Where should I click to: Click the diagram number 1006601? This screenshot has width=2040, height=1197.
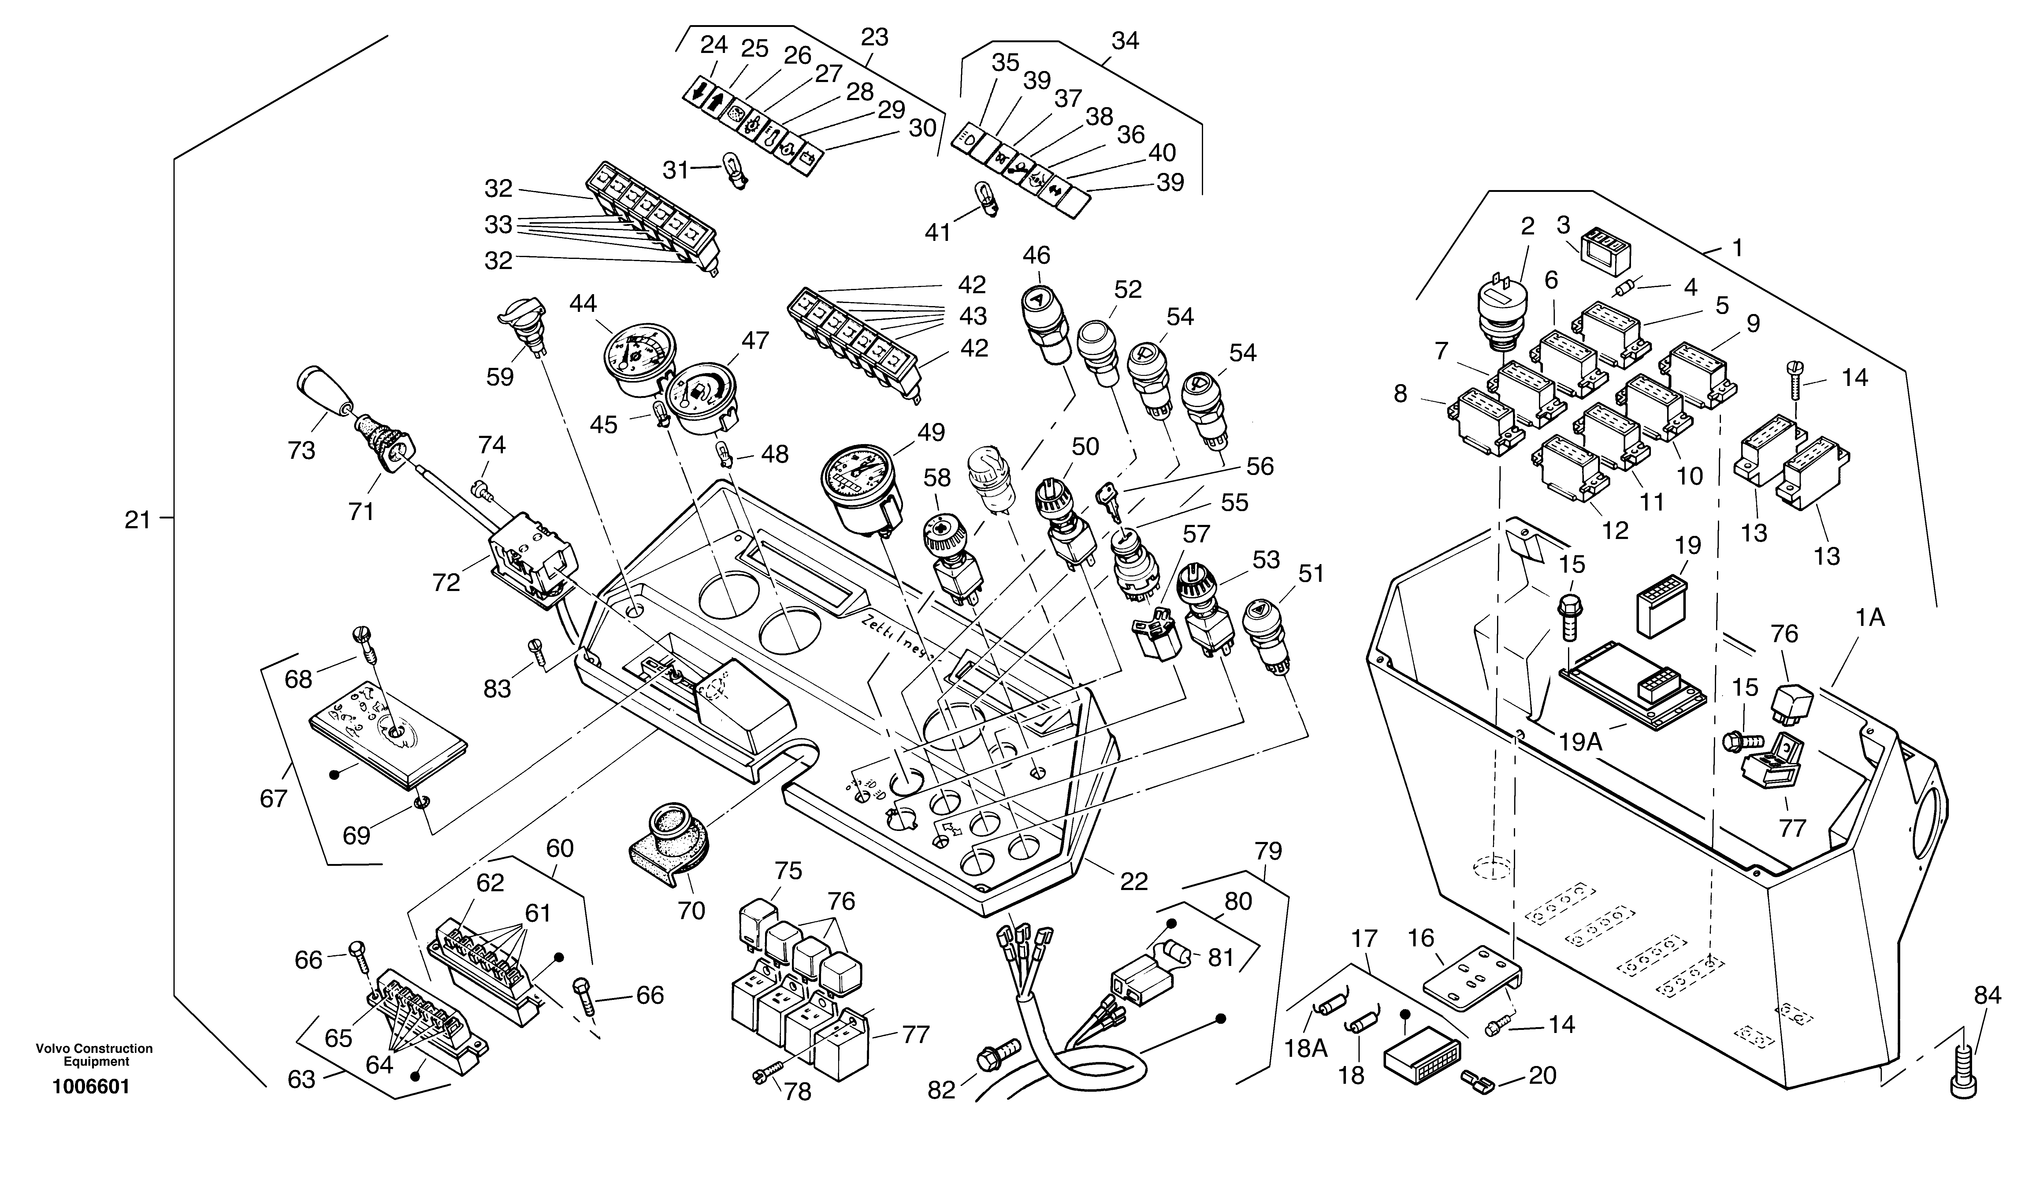click(x=91, y=1086)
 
